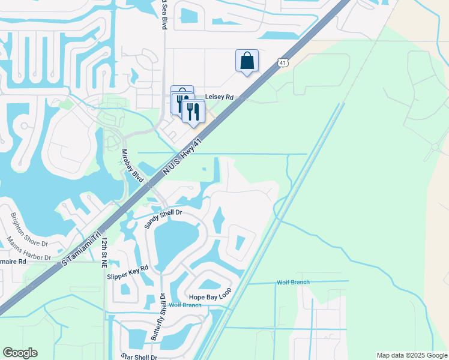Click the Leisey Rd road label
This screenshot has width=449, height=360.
[219, 96]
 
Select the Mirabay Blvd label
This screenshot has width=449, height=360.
[133, 167]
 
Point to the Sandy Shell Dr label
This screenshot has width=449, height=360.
[163, 219]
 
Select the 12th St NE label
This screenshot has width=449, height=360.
[104, 251]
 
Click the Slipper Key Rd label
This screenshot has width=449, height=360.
[127, 272]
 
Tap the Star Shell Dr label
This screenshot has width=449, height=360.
[139, 356]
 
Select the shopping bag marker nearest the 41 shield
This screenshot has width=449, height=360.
[247, 61]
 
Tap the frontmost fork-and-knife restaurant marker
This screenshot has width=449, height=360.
[193, 111]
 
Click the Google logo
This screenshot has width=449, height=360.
[20, 353]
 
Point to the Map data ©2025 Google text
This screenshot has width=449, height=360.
[412, 355]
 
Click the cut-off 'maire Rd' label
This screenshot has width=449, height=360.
[13, 262]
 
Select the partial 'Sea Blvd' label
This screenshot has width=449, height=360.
[163, 16]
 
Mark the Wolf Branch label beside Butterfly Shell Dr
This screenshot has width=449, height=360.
[184, 305]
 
